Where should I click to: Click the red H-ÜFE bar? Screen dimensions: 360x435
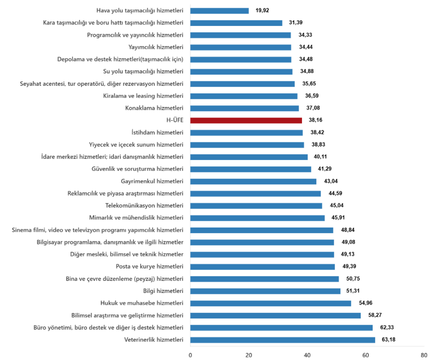coord(246,120)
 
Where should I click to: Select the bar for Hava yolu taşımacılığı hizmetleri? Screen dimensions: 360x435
coord(219,11)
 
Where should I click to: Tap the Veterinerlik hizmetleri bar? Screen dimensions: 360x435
coord(282,340)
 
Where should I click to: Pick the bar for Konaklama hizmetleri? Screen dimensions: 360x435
coord(244,108)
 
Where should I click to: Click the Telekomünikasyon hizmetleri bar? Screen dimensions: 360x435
coord(256,205)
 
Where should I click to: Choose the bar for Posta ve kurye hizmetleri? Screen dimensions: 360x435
coord(263,267)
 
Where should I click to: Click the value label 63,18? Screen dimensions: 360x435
coord(389,340)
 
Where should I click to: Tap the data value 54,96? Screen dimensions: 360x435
coord(365,303)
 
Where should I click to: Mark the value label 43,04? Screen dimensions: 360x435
coord(330,181)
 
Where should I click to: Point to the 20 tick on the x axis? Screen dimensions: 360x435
coord(249,354)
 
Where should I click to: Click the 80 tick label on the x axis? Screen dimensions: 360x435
coord(424,354)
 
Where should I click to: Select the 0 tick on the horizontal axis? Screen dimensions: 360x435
coord(190,354)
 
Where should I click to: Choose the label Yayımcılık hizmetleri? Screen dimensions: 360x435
coord(155,47)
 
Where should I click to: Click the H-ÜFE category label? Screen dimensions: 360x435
coord(175,120)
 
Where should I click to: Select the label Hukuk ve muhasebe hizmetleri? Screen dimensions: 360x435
coord(142,303)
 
